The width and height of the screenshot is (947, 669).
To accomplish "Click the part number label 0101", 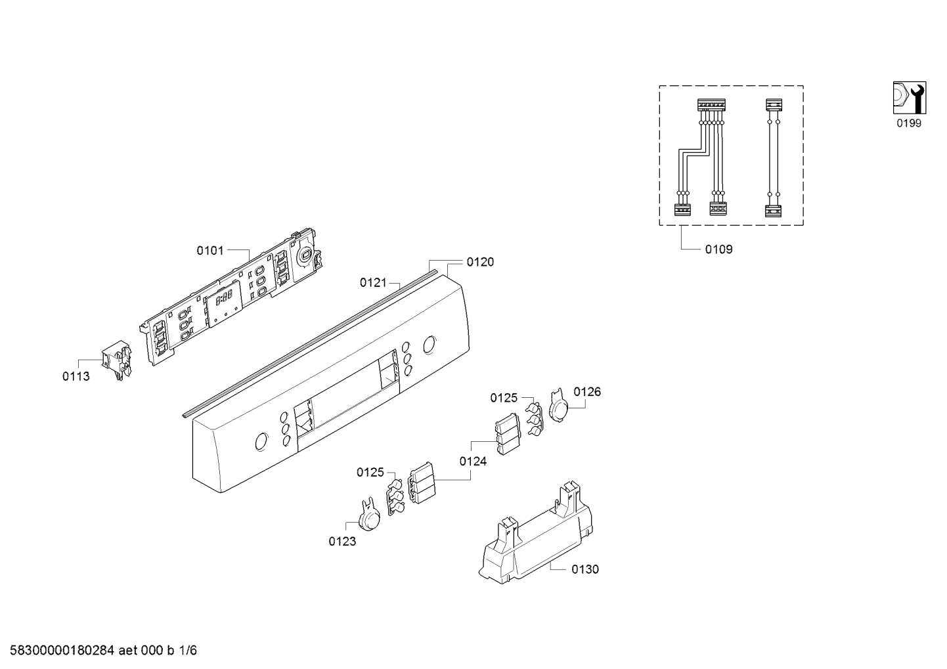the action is [x=210, y=251].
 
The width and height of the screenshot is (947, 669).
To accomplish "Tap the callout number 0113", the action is [x=76, y=376].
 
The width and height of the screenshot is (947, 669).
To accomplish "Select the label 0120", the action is [x=480, y=262].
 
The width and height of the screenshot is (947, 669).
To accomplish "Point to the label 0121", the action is [x=373, y=282].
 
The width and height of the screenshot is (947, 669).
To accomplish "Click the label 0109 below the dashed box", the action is [x=718, y=249].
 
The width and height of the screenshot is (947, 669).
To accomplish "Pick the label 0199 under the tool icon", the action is [x=909, y=123].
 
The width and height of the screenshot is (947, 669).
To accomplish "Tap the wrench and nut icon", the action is [x=910, y=98].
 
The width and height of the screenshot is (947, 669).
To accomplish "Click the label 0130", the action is [x=585, y=569].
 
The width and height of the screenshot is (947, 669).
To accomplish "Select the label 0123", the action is [x=342, y=542].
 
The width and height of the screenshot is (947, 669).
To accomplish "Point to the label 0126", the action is [x=587, y=392].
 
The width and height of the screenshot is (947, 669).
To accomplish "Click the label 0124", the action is [x=473, y=461].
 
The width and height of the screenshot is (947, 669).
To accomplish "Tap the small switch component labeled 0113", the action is [x=117, y=360].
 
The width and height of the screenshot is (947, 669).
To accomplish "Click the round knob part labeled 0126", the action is [x=558, y=406].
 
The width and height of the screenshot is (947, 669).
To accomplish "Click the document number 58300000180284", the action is [x=62, y=651].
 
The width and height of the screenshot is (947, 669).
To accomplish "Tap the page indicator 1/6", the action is [x=188, y=651].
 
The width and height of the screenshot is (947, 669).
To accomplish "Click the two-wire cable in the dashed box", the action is [x=773, y=158].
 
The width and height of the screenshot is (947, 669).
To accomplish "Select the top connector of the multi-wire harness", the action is [x=711, y=105].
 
